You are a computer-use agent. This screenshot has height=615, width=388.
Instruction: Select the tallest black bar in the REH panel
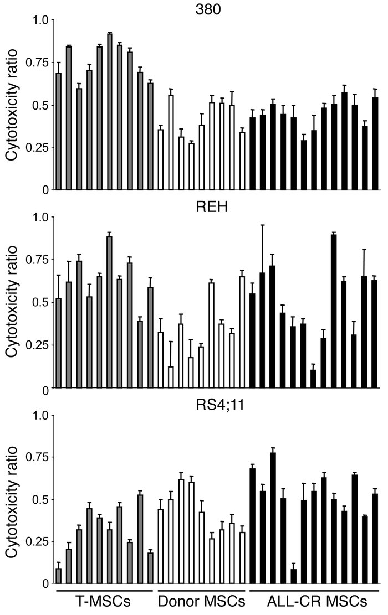pyautogui.click(x=334, y=312)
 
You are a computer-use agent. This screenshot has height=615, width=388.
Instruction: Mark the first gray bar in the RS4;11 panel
pyautogui.click(x=59, y=576)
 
